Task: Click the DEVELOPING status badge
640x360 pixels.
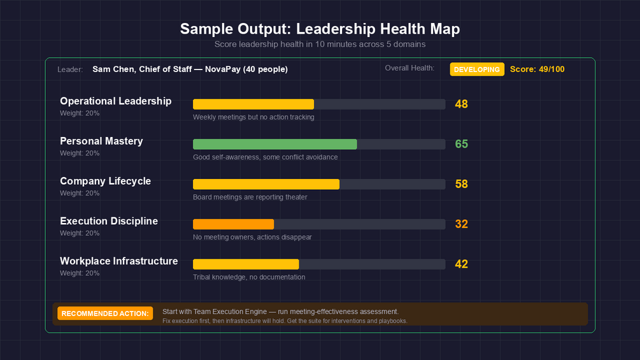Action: [477, 69]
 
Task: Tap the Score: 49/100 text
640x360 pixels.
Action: [537, 69]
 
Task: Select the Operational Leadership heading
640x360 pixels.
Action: [115, 101]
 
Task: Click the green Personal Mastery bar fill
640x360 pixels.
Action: [274, 144]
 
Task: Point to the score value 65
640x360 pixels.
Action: [461, 144]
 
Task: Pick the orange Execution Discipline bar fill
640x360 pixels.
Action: [233, 224]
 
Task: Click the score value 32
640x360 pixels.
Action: [461, 224]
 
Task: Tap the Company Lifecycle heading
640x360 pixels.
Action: [105, 181]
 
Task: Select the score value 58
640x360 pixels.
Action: [461, 184]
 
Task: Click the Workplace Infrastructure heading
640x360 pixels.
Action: [118, 261]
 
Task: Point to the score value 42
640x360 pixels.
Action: [461, 264]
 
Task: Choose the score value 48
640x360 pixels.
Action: [461, 104]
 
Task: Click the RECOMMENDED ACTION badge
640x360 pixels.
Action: [105, 313]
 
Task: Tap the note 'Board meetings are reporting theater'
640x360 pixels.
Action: [250, 198]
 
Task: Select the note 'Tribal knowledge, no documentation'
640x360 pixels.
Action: [249, 277]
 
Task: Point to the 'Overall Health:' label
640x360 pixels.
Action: [409, 68]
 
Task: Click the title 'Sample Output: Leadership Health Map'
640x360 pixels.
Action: [320, 29]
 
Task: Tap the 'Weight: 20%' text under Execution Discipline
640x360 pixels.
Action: [80, 233]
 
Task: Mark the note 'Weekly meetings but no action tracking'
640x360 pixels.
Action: [253, 117]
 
